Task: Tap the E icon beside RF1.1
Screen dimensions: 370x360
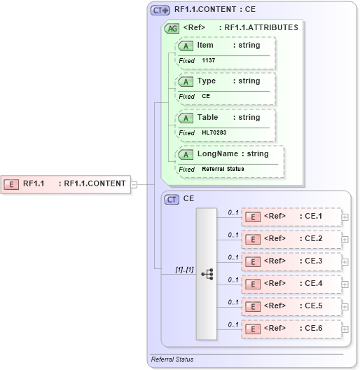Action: [x=11, y=184]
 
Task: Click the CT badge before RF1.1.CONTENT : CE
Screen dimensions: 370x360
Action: [x=160, y=11]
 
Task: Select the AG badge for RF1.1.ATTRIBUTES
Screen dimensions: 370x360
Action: [x=172, y=29]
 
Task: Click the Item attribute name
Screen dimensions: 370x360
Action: [x=205, y=46]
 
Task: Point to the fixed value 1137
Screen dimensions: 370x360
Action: [x=209, y=61]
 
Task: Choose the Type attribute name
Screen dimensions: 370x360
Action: [x=207, y=81]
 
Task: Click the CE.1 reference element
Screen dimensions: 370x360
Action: [x=291, y=217]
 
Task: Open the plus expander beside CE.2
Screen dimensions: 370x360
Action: [x=345, y=240]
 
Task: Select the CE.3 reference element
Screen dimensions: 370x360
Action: [x=291, y=261]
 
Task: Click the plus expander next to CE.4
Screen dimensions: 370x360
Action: [x=345, y=284]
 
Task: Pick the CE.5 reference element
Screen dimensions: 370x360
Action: [x=291, y=306]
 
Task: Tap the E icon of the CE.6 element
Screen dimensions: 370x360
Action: [x=253, y=329]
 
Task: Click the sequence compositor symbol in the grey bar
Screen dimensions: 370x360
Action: [x=207, y=274]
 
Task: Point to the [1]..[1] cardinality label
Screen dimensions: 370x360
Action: [x=184, y=270]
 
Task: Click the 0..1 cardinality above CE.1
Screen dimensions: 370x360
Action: [x=233, y=212]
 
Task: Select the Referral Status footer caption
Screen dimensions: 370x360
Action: [x=172, y=359]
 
